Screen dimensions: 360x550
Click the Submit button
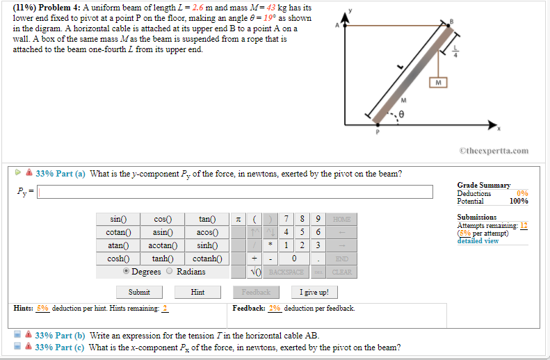(x=140, y=292)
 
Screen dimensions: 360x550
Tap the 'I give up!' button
(x=314, y=292)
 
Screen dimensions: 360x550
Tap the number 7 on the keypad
(x=286, y=220)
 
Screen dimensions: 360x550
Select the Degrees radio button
(x=126, y=272)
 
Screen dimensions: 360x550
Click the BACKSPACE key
(x=286, y=272)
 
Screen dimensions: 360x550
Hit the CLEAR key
(x=342, y=272)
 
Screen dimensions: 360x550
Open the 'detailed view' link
(x=478, y=241)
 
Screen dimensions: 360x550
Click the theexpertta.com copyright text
(x=494, y=150)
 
